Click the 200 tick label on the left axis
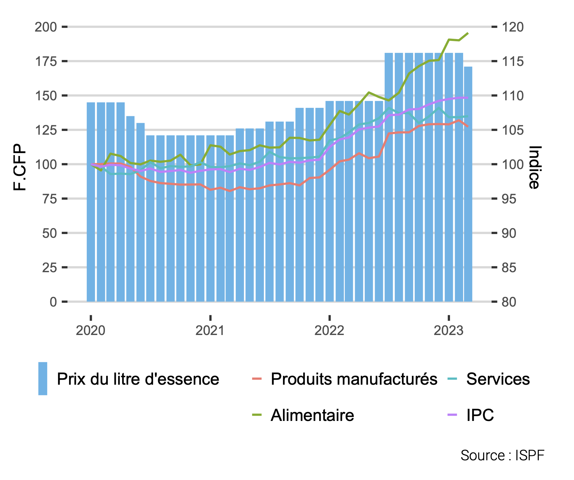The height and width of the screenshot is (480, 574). [x=46, y=27]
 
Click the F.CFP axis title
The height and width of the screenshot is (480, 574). [x=20, y=167]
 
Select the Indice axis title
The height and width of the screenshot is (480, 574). [x=534, y=167]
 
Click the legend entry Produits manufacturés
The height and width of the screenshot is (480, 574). [x=354, y=379]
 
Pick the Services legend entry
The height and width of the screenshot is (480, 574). [x=498, y=379]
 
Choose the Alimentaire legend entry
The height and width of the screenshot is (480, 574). [x=312, y=415]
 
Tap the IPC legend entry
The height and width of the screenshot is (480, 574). [x=480, y=415]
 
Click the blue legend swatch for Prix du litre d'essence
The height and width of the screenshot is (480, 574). [x=43, y=378]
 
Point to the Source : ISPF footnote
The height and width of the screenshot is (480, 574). [x=502, y=456]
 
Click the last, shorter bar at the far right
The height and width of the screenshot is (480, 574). [x=468, y=184]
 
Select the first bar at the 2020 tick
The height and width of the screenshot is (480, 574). [x=91, y=202]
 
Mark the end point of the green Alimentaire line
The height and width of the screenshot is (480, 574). [x=468, y=33]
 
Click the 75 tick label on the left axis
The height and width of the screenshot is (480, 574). [x=50, y=199]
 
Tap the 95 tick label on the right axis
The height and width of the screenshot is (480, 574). [x=509, y=199]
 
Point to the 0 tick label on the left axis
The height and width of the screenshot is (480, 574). [x=53, y=302]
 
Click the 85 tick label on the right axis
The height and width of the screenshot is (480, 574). [x=509, y=267]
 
